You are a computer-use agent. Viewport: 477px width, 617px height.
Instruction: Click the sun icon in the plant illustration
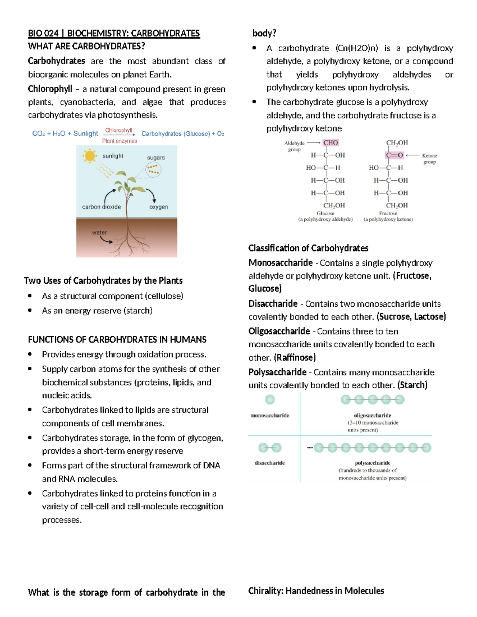pos(90,156)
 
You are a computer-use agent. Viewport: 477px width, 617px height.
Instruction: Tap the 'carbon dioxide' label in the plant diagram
pos(101,207)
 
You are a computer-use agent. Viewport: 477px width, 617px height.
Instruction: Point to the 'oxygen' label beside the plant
pos(158,207)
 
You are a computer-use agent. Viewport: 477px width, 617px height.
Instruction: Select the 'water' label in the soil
pos(99,232)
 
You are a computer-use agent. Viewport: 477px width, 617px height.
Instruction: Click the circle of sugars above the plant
pos(153,170)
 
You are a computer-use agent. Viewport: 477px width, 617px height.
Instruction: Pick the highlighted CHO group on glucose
pos(330,143)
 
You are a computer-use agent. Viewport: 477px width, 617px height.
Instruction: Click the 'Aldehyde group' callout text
pos(295,146)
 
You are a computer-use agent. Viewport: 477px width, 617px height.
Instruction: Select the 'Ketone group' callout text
pos(429,159)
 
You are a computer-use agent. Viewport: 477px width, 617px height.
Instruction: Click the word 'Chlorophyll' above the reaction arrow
pos(118,130)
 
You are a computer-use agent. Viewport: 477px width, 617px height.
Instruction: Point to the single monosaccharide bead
pos(270,399)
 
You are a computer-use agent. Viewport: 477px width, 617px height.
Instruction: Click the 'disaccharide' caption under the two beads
pos(270,463)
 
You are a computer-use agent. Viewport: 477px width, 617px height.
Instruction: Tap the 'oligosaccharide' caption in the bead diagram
pos(372,415)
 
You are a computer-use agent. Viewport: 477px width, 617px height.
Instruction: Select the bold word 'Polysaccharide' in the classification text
pos(277,372)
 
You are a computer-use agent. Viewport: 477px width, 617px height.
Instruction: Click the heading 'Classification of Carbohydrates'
pos(308,248)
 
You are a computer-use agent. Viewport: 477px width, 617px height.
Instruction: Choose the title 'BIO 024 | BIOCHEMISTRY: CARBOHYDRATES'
pos(114,33)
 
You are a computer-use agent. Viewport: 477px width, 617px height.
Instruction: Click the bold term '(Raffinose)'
pos(295,358)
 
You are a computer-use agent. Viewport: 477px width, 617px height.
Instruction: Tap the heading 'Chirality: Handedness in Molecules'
pos(316,591)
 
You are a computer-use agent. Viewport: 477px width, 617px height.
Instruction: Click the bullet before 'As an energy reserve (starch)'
pos(30,310)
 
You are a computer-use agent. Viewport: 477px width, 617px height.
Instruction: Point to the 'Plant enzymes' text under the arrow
pos(119,141)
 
